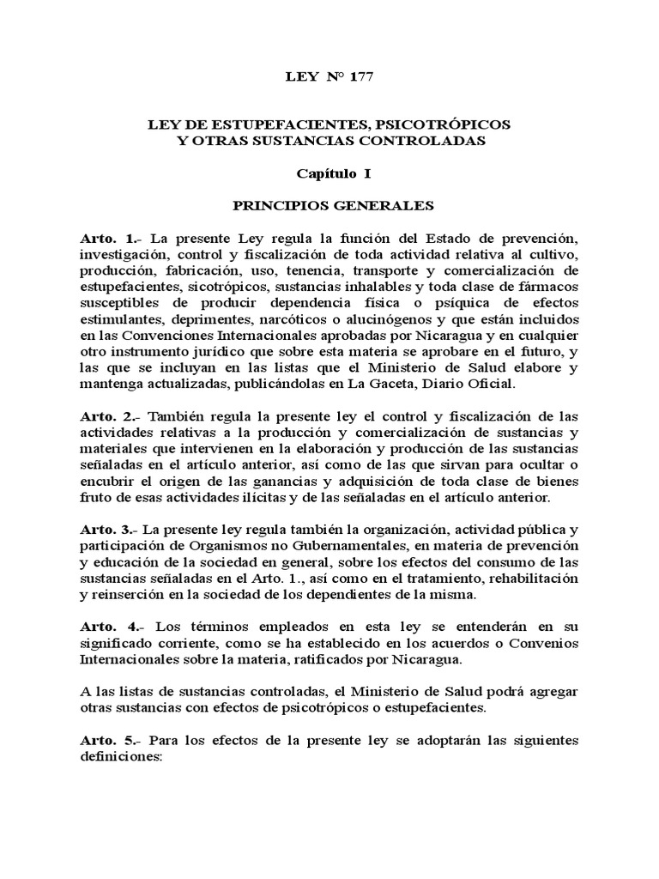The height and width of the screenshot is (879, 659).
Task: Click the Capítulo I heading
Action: [x=334, y=173]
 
